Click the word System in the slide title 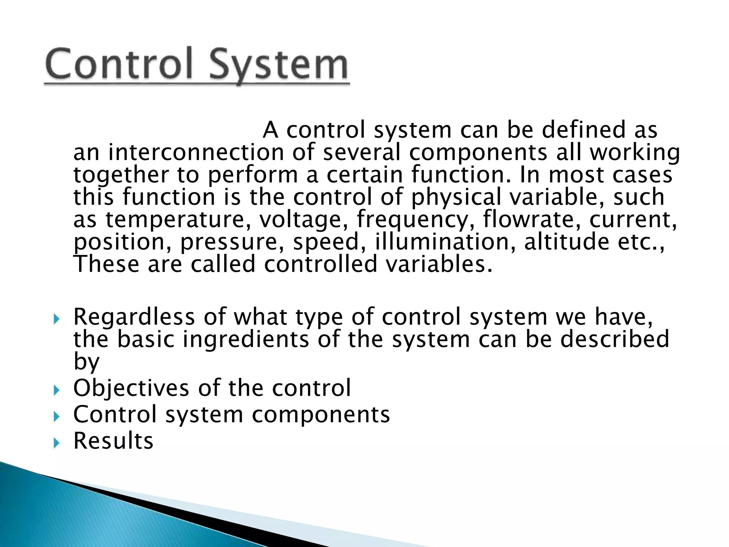click(x=278, y=66)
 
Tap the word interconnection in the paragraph click(x=195, y=152)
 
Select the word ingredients click(x=246, y=339)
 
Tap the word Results click(x=113, y=441)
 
